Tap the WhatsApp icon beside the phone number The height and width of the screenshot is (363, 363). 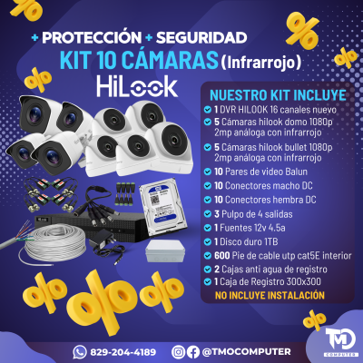pyautogui.click(x=80, y=351)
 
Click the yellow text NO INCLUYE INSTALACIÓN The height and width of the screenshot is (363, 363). pyautogui.click(x=270, y=295)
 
